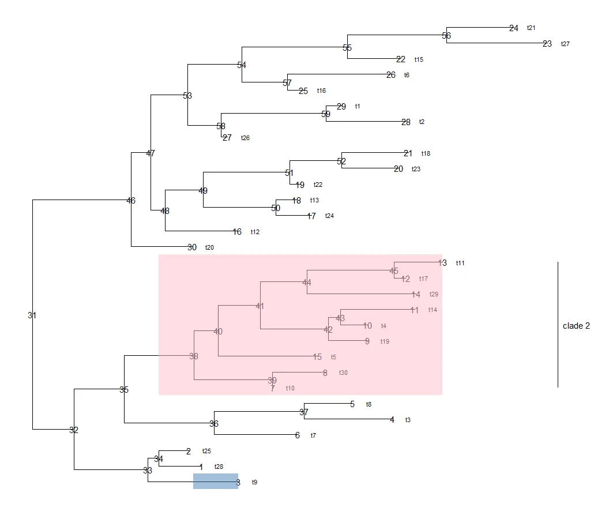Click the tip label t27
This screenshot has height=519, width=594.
click(565, 44)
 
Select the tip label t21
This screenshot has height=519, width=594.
click(531, 28)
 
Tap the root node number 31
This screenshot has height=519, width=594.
click(32, 315)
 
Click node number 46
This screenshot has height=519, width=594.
click(131, 201)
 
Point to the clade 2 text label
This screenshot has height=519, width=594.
click(576, 326)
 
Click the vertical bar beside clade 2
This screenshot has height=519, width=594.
click(558, 324)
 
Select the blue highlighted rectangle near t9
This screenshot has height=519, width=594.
click(215, 482)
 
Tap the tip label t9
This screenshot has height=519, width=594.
click(254, 482)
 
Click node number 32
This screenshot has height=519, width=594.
click(74, 430)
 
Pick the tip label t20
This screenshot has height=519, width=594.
click(209, 248)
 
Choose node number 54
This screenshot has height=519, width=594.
click(242, 65)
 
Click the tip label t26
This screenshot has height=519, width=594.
click(245, 138)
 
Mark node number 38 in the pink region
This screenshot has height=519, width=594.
click(194, 356)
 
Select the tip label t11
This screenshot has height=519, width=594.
click(460, 263)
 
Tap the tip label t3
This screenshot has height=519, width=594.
click(408, 420)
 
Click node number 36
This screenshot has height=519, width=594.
click(214, 424)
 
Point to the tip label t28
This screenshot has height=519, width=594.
click(219, 467)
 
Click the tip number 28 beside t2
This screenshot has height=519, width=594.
click(406, 122)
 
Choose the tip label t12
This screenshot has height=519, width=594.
click(255, 232)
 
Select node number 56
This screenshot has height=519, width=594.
click(446, 36)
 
